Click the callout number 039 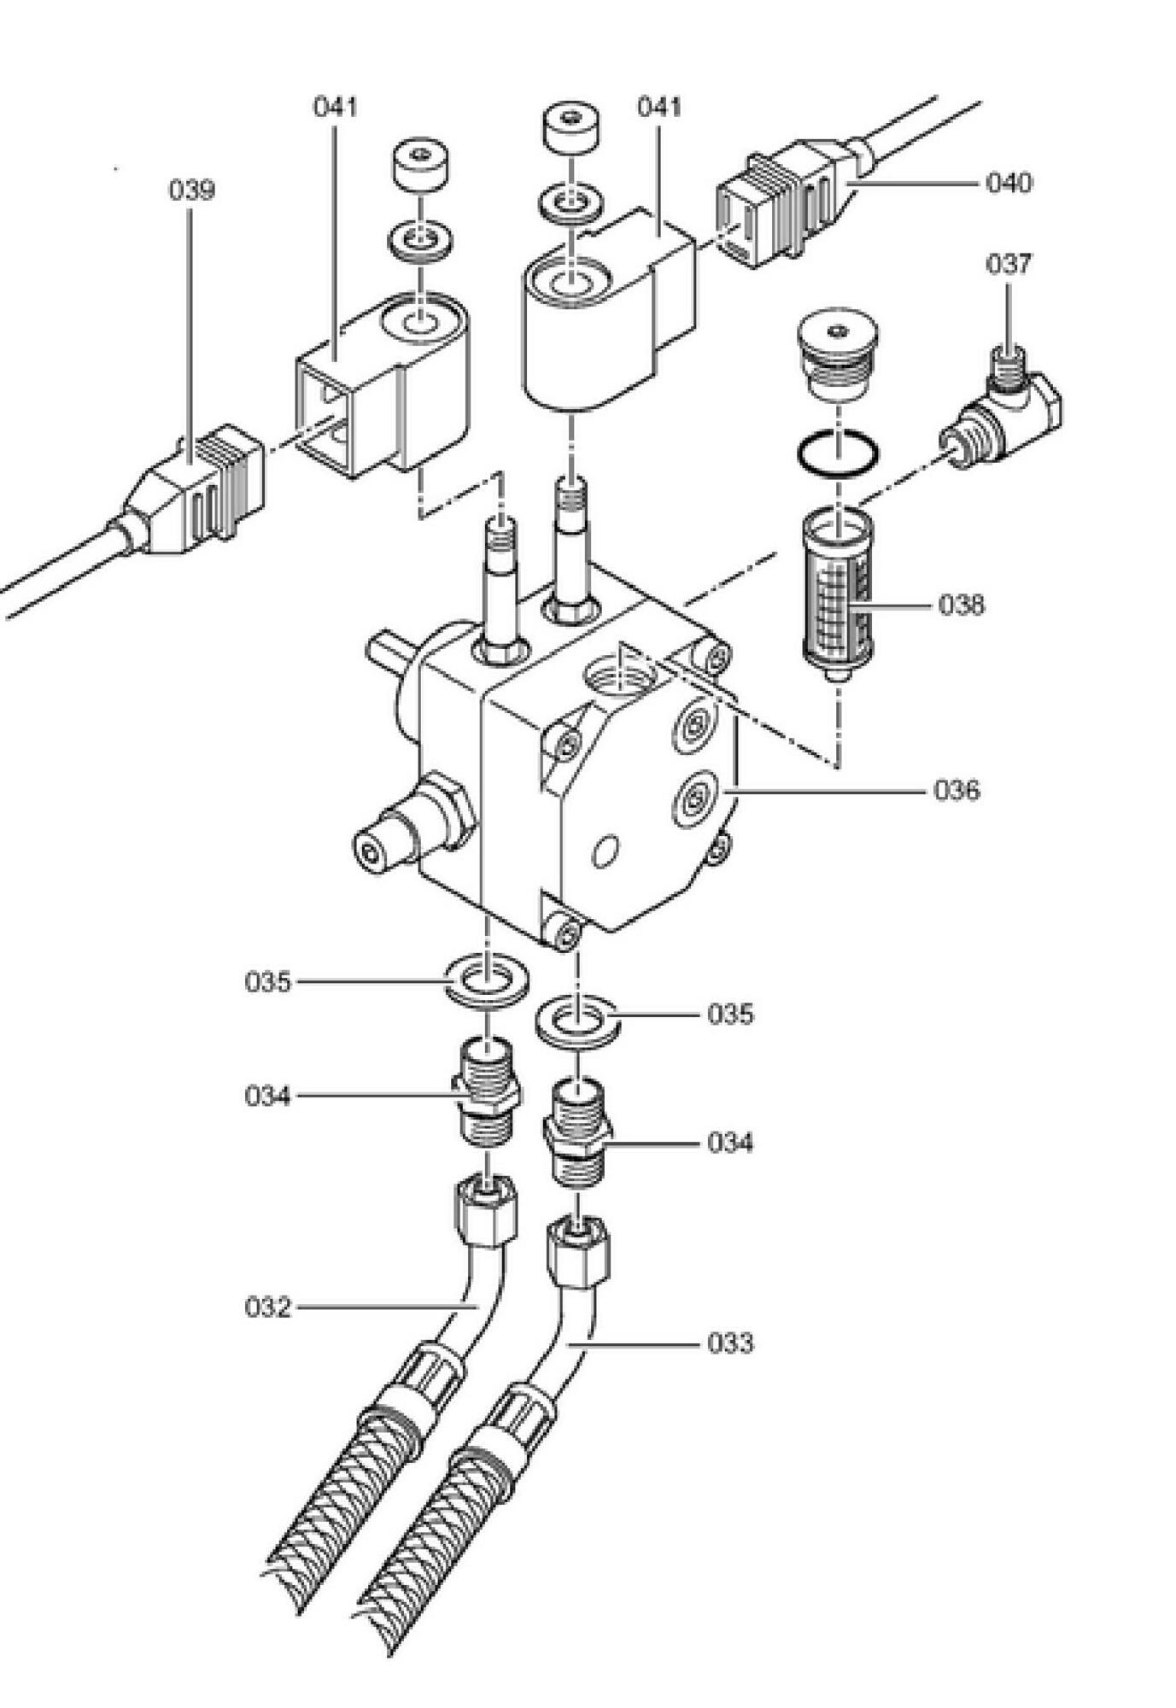(191, 190)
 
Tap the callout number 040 (1009, 183)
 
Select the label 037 (1009, 264)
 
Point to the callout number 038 (961, 605)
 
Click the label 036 (957, 790)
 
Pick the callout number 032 (268, 1307)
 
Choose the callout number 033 (730, 1343)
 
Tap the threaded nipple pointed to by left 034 (486, 1090)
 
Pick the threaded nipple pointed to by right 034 (577, 1134)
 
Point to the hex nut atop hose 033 (577, 1255)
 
